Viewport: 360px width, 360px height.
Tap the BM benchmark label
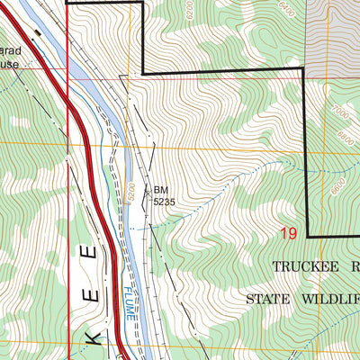[160, 190]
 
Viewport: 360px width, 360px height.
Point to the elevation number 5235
[163, 202]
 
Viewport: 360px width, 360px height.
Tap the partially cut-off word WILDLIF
[333, 299]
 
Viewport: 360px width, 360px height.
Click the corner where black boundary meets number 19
[309, 237]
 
